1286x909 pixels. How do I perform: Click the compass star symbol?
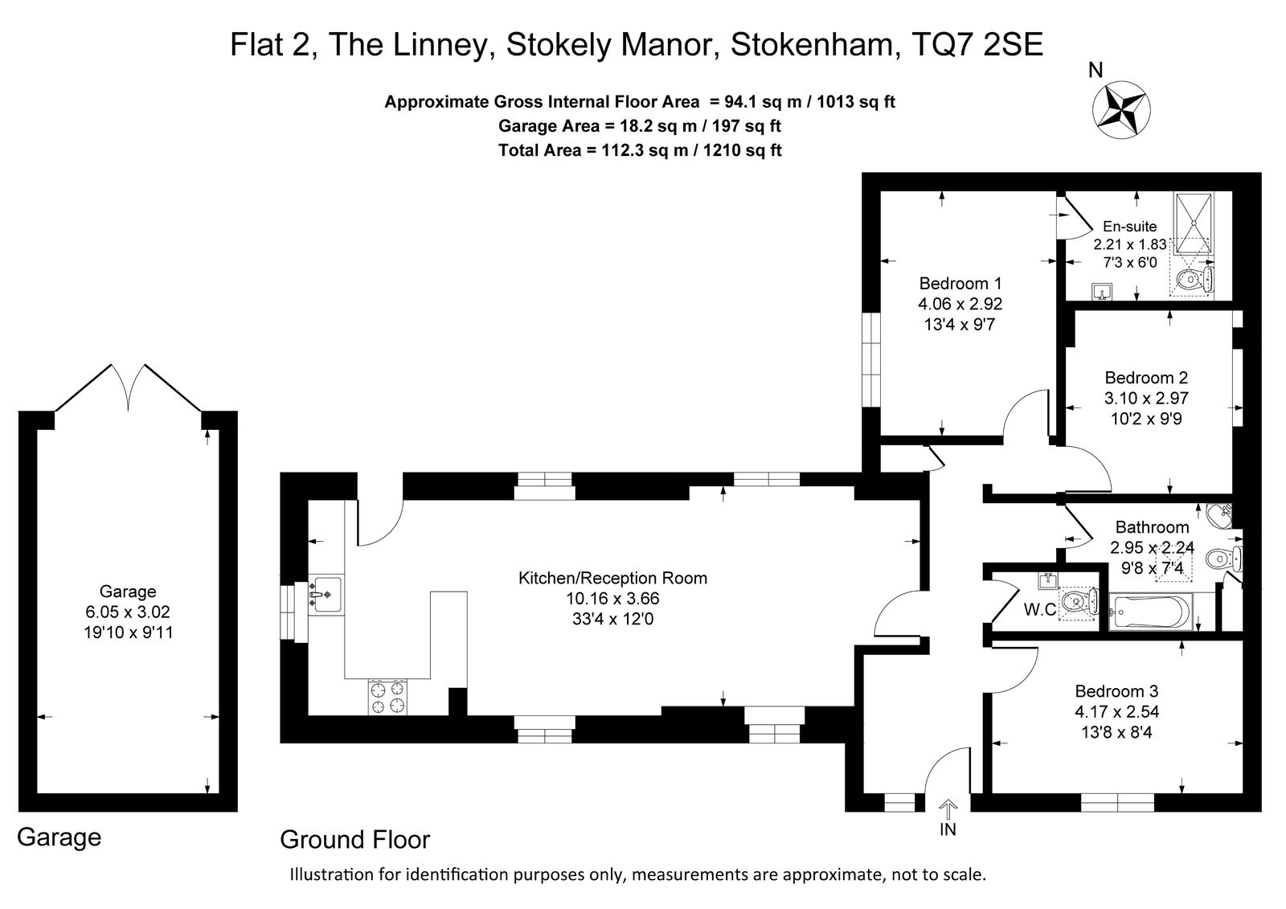[x=1121, y=109]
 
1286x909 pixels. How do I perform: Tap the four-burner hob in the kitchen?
[x=387, y=697]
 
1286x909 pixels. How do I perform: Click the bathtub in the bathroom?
[x=1150, y=612]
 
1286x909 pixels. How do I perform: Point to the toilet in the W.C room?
[x=1077, y=603]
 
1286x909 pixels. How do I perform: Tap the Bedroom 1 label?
[x=960, y=283]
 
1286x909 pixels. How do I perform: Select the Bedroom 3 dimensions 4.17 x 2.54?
[x=1116, y=712]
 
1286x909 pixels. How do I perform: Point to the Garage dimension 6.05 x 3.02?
[x=128, y=612]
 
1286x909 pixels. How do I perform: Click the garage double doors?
[x=128, y=387]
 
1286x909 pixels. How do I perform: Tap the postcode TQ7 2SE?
[x=977, y=44]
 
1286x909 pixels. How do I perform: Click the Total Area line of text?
[x=640, y=150]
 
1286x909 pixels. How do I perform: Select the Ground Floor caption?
[x=354, y=840]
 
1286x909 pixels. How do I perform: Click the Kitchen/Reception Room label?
[x=612, y=578]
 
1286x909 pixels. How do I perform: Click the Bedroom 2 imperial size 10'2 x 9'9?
[x=1146, y=419]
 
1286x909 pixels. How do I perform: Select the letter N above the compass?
[x=1096, y=70]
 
